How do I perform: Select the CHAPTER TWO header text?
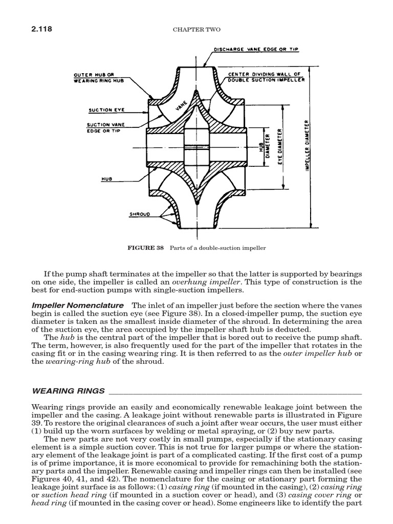click(x=196, y=30)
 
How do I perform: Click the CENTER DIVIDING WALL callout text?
click(x=266, y=77)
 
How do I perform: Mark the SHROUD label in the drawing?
click(x=140, y=214)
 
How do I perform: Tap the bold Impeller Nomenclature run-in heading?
click(x=78, y=305)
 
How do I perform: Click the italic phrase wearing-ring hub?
click(x=73, y=362)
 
